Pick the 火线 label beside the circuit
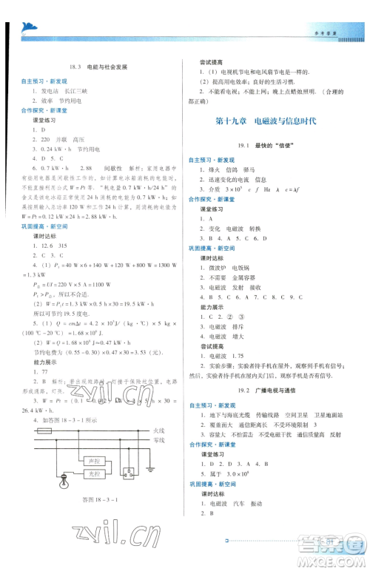[x=158, y=429]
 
